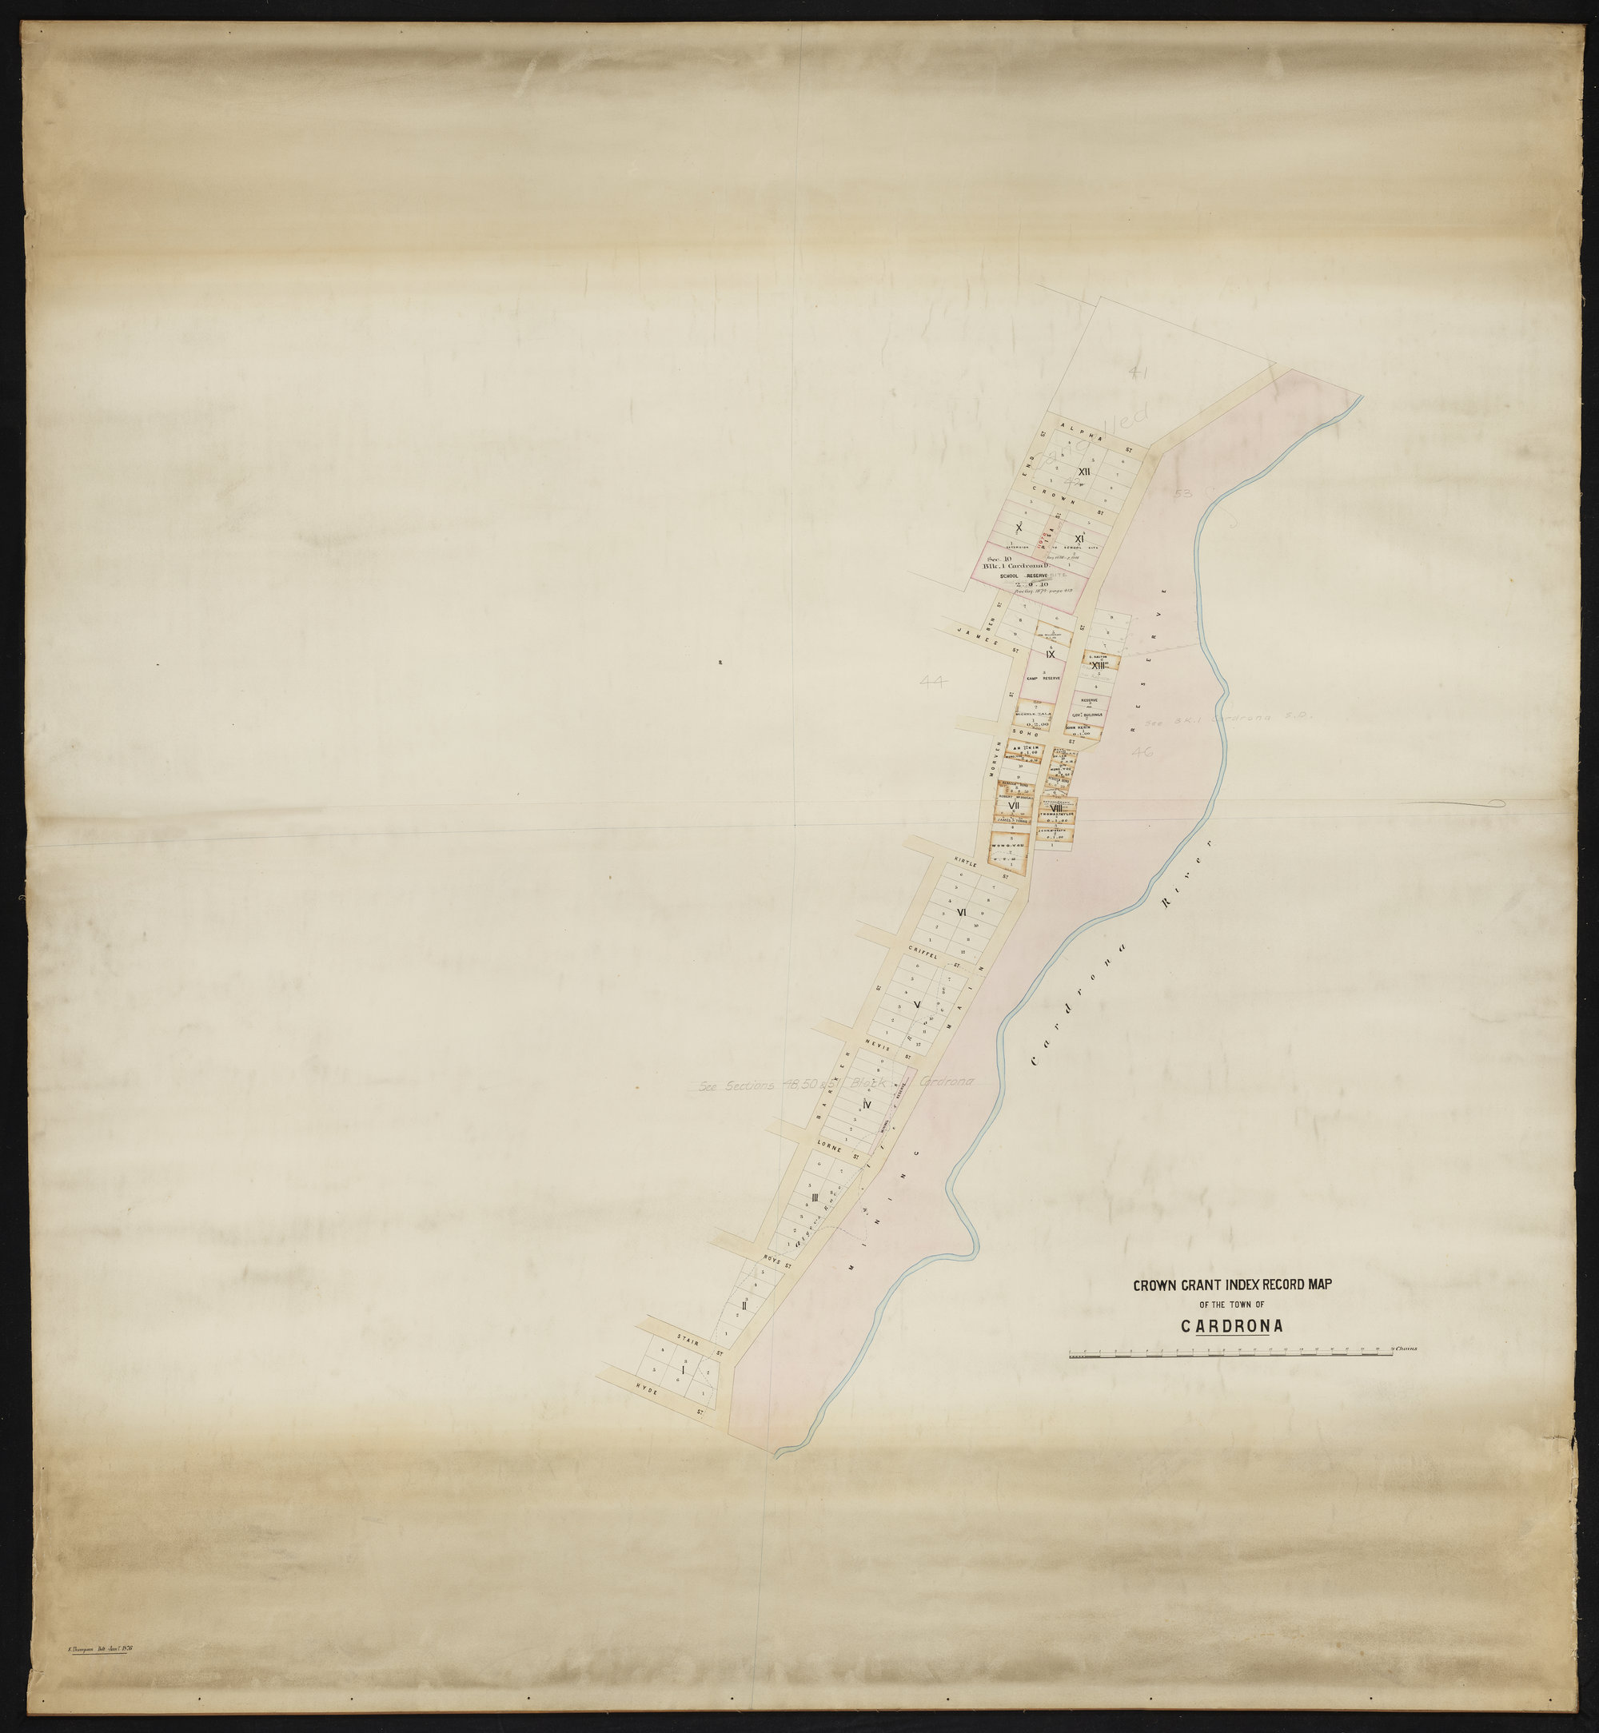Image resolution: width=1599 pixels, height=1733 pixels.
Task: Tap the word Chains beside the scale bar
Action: (1406, 1348)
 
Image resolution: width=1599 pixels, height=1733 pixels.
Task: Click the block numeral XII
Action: (1083, 471)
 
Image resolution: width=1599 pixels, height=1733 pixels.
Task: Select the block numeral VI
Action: (961, 914)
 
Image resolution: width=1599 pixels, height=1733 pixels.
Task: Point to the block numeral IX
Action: (1050, 655)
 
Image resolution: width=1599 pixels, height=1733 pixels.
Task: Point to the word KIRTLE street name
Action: (964, 863)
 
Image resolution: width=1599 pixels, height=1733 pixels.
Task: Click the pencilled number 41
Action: (1138, 373)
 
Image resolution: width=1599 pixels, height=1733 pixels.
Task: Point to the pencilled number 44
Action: (935, 681)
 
